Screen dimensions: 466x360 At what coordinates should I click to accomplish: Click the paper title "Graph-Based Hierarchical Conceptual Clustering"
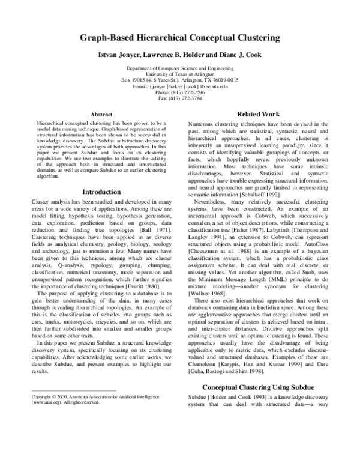(x=179, y=38)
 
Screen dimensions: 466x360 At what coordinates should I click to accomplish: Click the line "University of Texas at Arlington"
(x=179, y=74)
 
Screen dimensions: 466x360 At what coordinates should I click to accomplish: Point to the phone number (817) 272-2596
(x=188, y=92)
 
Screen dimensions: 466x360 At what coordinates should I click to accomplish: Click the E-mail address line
(x=179, y=86)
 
